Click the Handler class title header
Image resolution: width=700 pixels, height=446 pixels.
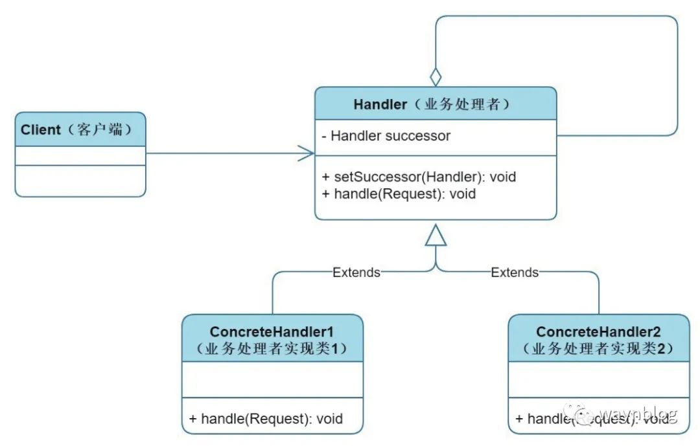point(436,104)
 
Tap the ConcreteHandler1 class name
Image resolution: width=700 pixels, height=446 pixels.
point(272,332)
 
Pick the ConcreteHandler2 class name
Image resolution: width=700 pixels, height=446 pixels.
point(598,332)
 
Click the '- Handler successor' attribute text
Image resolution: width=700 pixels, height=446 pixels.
point(386,136)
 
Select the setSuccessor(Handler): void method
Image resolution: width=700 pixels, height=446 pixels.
point(419,176)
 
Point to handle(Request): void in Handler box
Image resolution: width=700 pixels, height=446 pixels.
point(398,194)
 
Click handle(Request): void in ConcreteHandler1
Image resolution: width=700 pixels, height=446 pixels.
point(266,418)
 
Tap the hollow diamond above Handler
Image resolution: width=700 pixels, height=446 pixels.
point(436,76)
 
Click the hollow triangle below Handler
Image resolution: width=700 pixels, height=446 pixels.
point(436,237)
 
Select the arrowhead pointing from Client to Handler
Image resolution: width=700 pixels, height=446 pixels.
point(307,153)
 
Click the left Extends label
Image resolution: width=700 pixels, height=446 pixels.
point(356,273)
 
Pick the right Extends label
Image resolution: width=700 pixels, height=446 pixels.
point(515,273)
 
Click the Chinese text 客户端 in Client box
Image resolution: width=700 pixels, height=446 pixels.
point(104,129)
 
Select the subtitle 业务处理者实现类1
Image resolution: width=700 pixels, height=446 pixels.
point(272,349)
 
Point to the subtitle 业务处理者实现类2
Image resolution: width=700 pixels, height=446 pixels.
point(598,349)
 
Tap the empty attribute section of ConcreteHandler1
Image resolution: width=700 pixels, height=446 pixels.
point(272,379)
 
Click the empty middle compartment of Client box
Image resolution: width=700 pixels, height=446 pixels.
point(80,156)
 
